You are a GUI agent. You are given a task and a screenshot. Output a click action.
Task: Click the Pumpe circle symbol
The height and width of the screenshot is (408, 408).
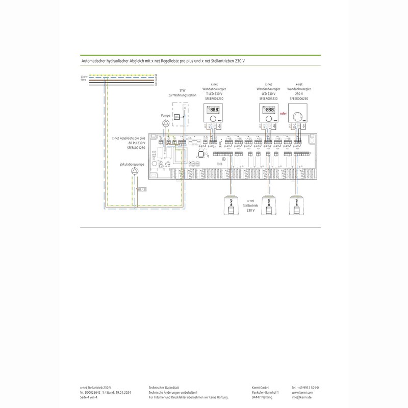pos(165,124)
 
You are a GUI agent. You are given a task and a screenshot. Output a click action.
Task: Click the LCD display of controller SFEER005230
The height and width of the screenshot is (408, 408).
pos(214,109)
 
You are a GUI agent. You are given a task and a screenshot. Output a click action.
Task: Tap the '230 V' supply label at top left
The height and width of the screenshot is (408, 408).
pos(84,77)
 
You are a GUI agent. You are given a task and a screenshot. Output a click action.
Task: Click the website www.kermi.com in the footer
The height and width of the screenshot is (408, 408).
pos(302,393)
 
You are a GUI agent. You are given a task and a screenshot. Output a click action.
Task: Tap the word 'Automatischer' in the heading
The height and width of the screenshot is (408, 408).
pos(96,60)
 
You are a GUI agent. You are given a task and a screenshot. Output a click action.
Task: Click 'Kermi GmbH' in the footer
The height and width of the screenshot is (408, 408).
pos(262,388)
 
